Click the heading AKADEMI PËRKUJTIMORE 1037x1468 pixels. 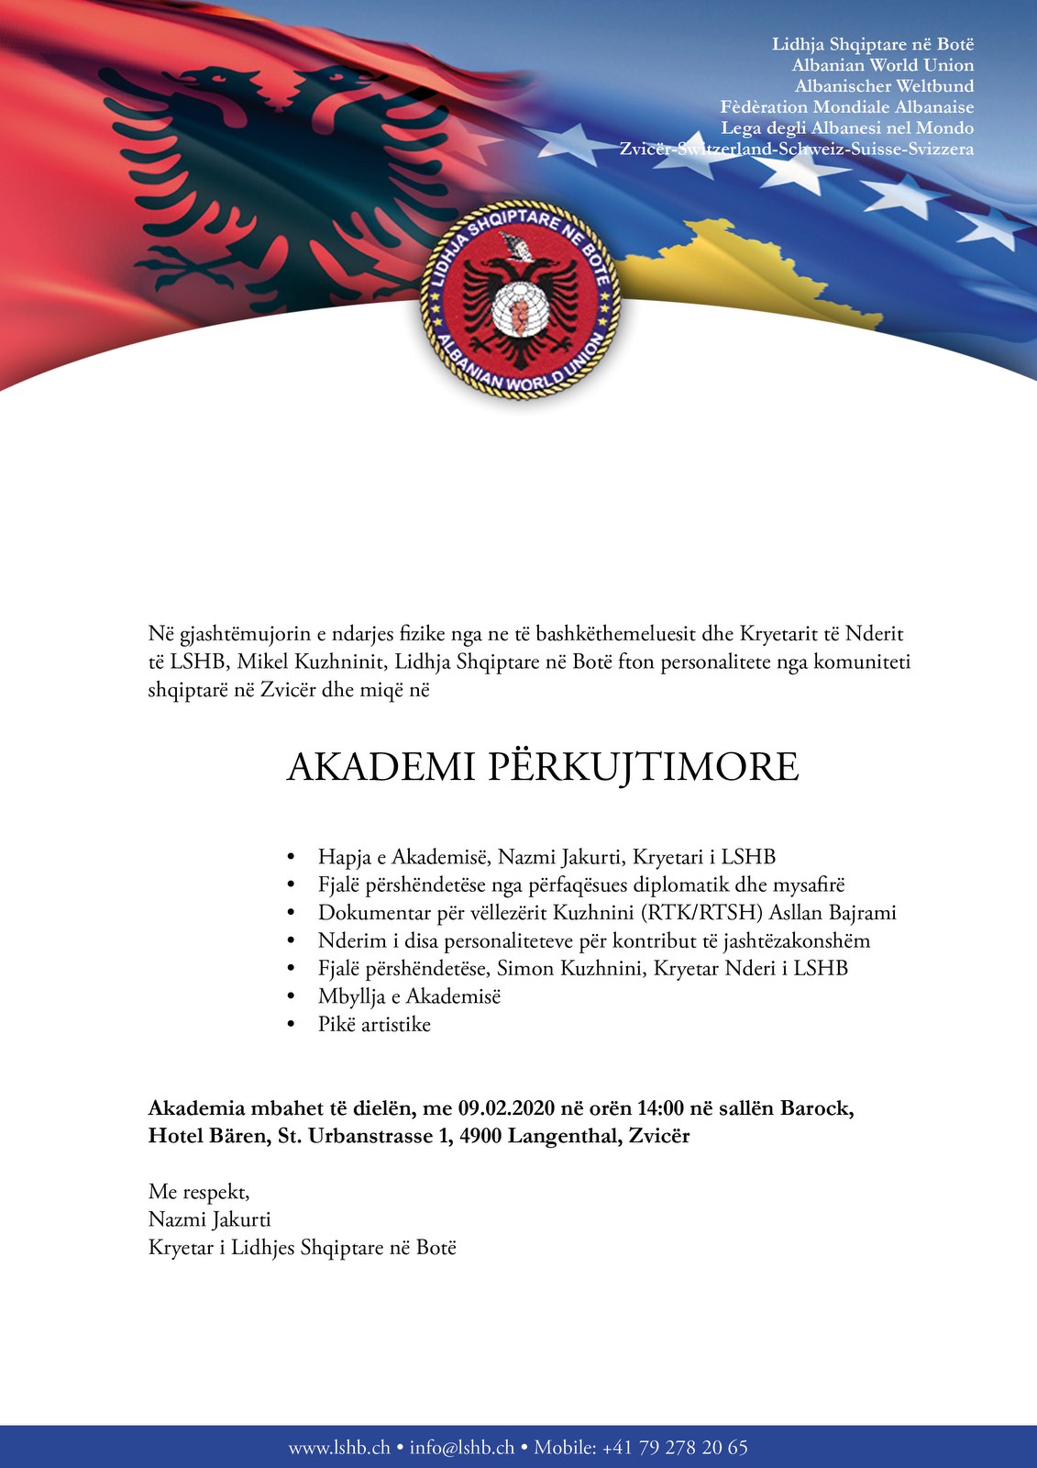tap(543, 767)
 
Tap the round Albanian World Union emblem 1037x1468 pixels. tap(520, 301)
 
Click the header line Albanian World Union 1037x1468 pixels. tap(883, 65)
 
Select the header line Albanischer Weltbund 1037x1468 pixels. tap(884, 86)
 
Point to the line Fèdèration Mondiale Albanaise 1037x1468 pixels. tap(846, 107)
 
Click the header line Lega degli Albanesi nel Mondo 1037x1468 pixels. tap(846, 128)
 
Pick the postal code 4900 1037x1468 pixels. tap(480, 1137)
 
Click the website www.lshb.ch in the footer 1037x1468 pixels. tap(338, 1448)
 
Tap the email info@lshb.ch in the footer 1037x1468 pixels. tap(461, 1448)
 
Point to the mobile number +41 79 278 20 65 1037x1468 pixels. tap(674, 1448)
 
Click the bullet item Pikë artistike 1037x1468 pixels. tap(374, 1025)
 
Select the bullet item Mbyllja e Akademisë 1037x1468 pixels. tap(409, 996)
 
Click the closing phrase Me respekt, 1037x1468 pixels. tap(199, 1192)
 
